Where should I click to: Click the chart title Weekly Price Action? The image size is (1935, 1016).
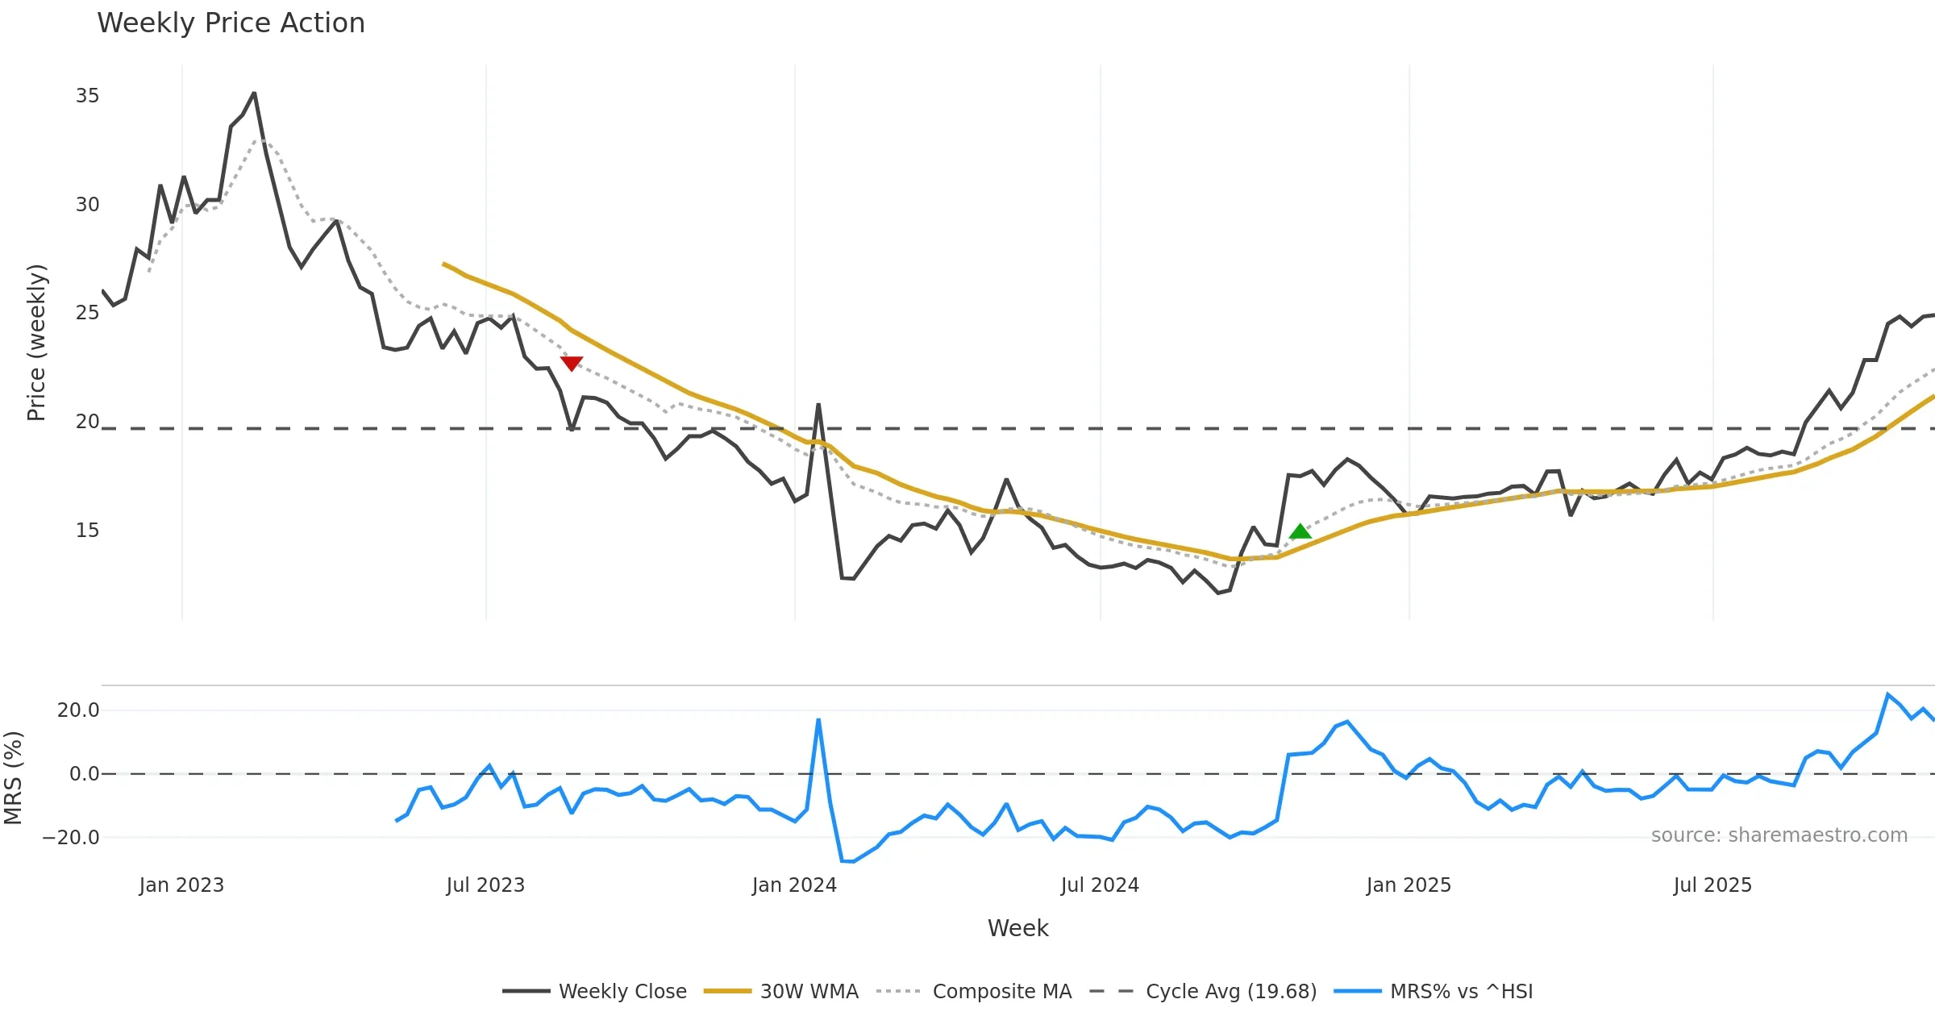coord(231,23)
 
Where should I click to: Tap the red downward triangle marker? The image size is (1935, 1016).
coord(571,364)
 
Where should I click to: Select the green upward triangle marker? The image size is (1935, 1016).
coord(1300,531)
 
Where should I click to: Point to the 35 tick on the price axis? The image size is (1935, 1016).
coord(87,96)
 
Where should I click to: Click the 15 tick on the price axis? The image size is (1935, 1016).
coord(87,531)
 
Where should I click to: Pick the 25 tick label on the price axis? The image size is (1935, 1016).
coord(87,313)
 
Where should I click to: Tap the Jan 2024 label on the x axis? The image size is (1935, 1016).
coord(794,885)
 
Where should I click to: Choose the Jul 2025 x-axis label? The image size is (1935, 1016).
coord(1712,885)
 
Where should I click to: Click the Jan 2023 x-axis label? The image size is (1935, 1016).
coord(181,885)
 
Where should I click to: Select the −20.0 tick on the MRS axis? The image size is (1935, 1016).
coord(71,838)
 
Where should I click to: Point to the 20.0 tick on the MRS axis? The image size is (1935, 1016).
coord(78,710)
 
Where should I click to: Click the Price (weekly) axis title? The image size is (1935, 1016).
coord(37,343)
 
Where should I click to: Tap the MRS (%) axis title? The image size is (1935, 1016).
coord(14,777)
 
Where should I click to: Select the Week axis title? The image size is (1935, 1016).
coord(1017,929)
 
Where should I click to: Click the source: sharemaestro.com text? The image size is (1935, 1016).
coord(1779,835)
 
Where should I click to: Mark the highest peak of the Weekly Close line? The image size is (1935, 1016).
coord(254,93)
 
